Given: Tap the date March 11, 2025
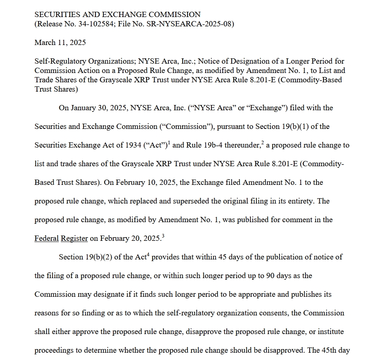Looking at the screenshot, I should click(x=60, y=43).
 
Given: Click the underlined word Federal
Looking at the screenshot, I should click(x=47, y=238).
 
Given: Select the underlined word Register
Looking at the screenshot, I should click(x=74, y=238).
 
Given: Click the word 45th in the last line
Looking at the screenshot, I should click(x=329, y=350).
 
